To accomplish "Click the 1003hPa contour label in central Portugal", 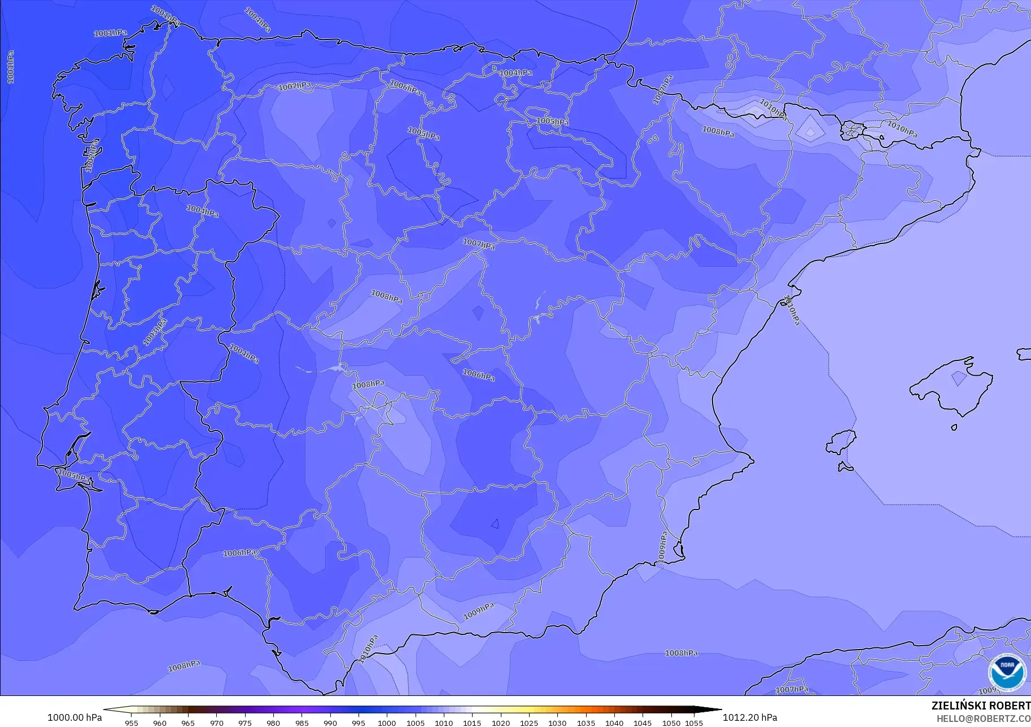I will click(155, 332).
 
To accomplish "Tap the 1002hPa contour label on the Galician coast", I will click(91, 156).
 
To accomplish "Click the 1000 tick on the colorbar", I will click(387, 722).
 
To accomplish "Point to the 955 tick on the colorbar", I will click(131, 722).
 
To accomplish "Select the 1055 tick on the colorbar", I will click(694, 722).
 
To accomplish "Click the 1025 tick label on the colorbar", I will click(529, 722).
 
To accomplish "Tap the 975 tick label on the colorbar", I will click(244, 722).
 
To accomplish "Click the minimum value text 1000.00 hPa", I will click(75, 717).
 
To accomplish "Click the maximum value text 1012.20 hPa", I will click(749, 717).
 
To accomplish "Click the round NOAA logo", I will click(1007, 672).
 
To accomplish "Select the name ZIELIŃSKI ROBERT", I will click(981, 706).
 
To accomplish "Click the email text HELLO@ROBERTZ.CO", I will click(984, 719).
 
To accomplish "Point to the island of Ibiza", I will click(841, 442).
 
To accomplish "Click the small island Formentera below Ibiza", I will click(845, 467).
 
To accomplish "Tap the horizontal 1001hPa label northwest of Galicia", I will click(110, 33).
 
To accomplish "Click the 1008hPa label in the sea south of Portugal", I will click(184, 666).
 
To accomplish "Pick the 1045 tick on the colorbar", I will click(643, 722).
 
